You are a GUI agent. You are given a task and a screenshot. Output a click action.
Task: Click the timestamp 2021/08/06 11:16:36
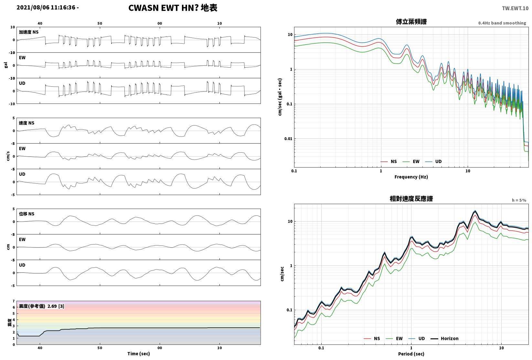[x=46, y=8]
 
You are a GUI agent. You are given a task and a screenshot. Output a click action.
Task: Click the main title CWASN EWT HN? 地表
[x=173, y=8]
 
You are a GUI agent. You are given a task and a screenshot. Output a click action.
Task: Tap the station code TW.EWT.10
[x=515, y=8]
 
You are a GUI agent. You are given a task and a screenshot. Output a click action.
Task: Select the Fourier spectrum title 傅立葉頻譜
[x=411, y=22]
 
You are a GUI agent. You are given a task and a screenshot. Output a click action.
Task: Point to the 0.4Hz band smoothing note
[x=502, y=23]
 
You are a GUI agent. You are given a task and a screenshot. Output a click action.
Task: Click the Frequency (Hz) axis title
[x=411, y=177]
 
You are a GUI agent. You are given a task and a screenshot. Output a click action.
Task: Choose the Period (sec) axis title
[x=411, y=354]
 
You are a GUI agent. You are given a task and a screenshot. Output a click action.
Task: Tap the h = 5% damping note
[x=519, y=200]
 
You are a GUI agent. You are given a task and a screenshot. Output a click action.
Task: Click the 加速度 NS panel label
[x=29, y=32]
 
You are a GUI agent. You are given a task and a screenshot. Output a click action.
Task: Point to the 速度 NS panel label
[x=27, y=123]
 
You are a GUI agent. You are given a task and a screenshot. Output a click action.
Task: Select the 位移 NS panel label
[x=27, y=214]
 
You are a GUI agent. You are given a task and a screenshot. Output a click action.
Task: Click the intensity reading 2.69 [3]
[x=56, y=306]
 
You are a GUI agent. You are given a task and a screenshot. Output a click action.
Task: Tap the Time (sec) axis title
[x=138, y=354]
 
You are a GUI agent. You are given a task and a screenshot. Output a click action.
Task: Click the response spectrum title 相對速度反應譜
[x=411, y=199]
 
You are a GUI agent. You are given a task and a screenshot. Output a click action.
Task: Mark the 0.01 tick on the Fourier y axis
[x=288, y=138]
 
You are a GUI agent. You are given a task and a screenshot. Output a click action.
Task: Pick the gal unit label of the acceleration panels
[x=6, y=65]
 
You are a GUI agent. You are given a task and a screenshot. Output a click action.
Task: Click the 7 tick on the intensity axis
[x=14, y=301]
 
